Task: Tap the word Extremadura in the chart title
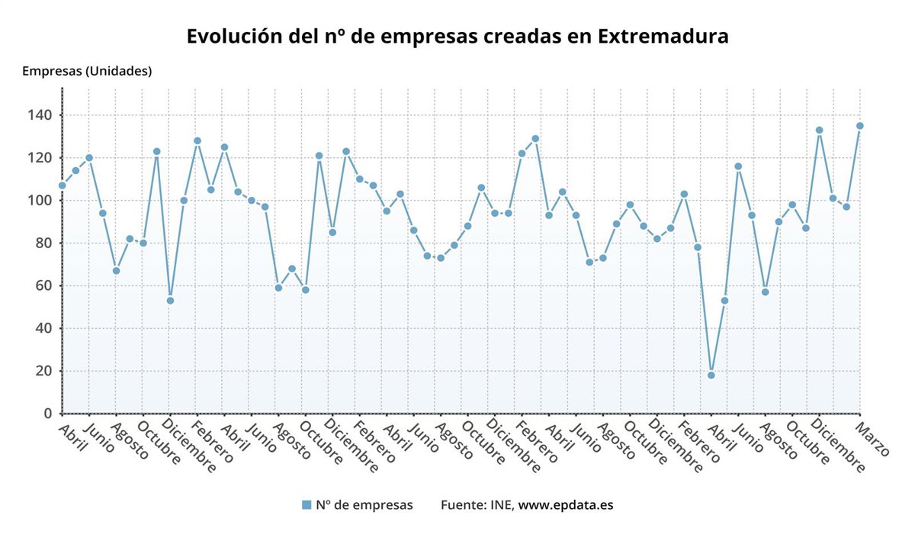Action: [x=663, y=36]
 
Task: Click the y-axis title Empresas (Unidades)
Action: [x=87, y=71]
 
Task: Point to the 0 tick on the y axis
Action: [x=47, y=414]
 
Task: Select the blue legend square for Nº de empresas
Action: [x=307, y=504]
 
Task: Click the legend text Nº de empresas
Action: [x=364, y=504]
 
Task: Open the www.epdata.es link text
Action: [x=566, y=504]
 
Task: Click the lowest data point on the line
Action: [x=711, y=375]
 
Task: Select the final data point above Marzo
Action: [x=859, y=126]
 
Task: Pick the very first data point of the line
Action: [x=63, y=185]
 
